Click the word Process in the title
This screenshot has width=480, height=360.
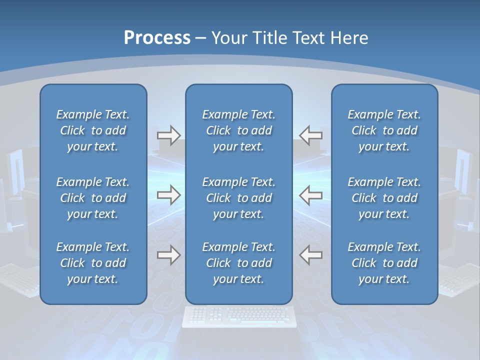point(157,38)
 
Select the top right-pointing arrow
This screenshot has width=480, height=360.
point(169,135)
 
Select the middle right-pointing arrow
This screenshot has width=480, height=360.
point(169,195)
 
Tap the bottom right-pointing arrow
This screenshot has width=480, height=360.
point(169,255)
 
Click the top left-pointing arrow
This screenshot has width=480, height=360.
point(310,135)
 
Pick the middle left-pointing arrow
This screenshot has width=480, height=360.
point(310,195)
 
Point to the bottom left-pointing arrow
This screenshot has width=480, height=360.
point(310,255)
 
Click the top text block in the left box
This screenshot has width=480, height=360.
point(93,130)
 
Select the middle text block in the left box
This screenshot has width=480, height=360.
point(93,198)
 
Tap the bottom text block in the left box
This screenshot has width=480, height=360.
point(93,263)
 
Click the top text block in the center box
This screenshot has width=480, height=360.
point(239,130)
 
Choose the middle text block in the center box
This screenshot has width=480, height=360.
point(239,198)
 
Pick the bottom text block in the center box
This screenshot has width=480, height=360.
point(239,263)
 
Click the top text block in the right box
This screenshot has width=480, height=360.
point(384,130)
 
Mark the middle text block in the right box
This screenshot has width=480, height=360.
point(384,198)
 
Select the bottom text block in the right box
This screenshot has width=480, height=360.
point(384,263)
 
